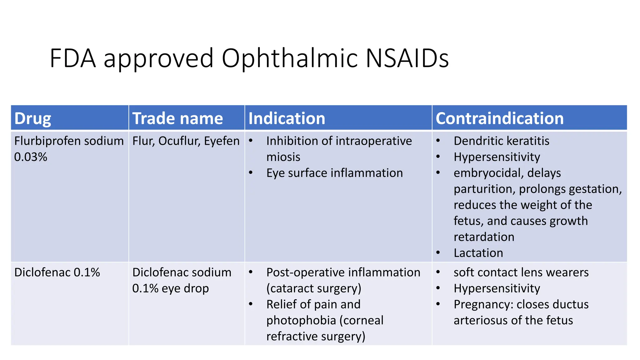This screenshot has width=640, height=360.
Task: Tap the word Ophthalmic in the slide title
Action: point(289,59)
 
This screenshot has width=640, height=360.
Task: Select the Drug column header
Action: point(32,118)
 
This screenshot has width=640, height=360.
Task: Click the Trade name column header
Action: point(177,118)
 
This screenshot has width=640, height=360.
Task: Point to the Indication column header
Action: point(287,118)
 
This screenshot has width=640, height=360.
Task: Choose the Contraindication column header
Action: point(499,118)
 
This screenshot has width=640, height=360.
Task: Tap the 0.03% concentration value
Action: point(31,157)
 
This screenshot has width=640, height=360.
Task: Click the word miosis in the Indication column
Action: point(283,157)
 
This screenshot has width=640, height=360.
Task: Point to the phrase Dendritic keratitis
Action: point(501,141)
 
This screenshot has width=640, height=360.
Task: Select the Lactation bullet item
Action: point(478,253)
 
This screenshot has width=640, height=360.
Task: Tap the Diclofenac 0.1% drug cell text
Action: point(57,272)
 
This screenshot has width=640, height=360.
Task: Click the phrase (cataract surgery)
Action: point(313,288)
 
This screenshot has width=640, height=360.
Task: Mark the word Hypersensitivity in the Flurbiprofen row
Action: point(497,157)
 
